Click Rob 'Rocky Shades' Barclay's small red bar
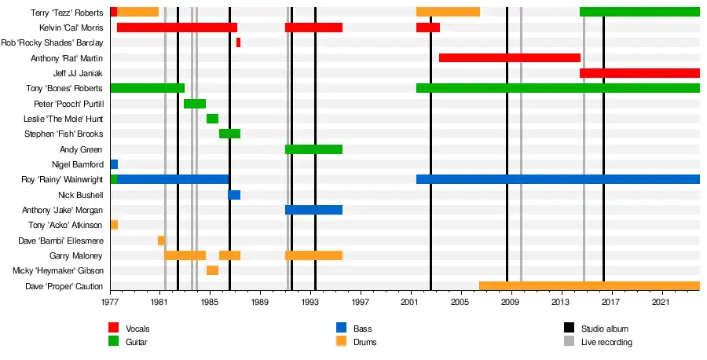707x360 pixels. (238, 42)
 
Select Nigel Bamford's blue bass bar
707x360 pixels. (114, 164)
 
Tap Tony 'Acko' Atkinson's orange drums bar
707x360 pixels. (114, 225)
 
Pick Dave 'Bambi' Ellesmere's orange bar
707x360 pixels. (161, 241)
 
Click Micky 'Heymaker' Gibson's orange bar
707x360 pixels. (212, 270)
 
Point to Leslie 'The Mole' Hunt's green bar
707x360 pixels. (212, 119)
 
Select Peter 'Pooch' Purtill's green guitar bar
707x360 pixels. (195, 104)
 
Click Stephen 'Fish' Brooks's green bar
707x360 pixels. (229, 134)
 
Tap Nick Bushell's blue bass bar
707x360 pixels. (234, 195)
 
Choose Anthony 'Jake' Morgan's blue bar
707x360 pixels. (313, 210)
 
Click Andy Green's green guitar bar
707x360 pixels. (313, 149)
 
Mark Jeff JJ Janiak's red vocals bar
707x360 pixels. (639, 73)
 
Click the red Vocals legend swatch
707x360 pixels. (114, 328)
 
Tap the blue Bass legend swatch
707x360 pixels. (341, 328)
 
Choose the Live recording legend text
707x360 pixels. (606, 342)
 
